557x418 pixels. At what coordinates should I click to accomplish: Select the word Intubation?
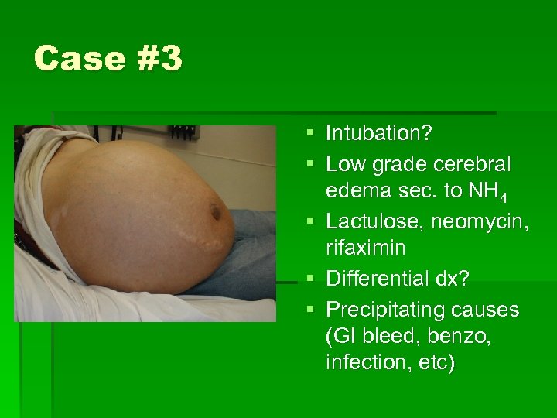point(379,134)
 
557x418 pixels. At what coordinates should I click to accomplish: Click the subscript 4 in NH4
point(503,197)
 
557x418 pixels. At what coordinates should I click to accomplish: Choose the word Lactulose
point(367,222)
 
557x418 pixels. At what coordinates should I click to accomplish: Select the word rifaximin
point(367,249)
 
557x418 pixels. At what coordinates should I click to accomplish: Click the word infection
point(364,363)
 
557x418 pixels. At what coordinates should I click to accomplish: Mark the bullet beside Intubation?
point(310,134)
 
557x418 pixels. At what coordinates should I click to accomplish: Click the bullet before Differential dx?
point(310,279)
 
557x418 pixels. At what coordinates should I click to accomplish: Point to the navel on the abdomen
point(214,210)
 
